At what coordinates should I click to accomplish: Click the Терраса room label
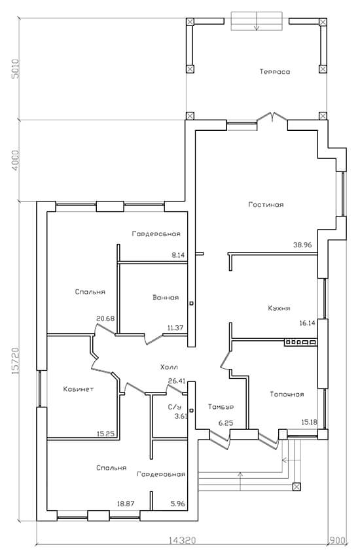point(274,71)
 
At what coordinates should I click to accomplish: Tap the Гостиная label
point(266,205)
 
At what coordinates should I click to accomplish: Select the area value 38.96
point(302,245)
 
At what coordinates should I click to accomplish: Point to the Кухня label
point(279,308)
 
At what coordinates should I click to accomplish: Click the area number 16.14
point(307,323)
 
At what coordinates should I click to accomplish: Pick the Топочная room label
point(287,394)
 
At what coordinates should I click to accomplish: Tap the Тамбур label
point(221,406)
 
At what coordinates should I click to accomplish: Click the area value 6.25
point(226,423)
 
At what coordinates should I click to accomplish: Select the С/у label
point(175,407)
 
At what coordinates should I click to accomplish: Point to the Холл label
point(169,367)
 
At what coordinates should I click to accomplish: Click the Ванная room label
point(166,298)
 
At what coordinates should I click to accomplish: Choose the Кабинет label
point(79,389)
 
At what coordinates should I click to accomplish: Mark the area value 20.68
point(105,319)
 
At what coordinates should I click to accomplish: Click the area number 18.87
point(126,504)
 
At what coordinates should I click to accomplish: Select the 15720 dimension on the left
point(15,361)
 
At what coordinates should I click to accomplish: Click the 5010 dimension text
point(15,69)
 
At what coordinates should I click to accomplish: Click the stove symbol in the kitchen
point(300,342)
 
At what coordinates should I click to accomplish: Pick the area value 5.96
point(177,504)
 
